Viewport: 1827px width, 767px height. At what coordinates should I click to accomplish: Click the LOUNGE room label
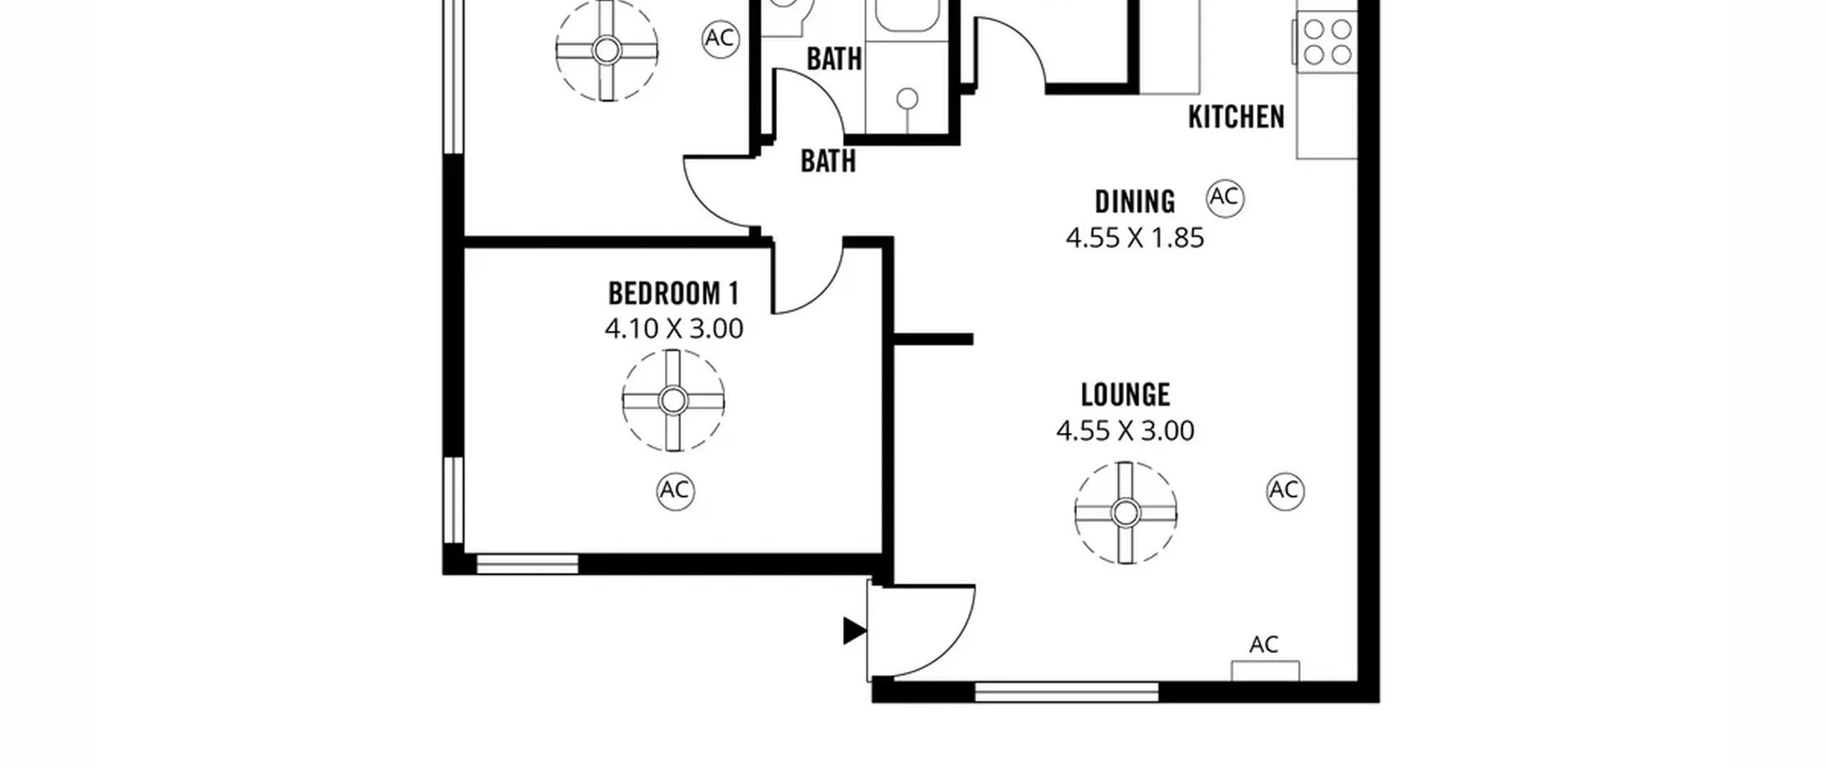click(x=1125, y=395)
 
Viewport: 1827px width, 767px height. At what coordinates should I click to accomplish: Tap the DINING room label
click(x=1135, y=202)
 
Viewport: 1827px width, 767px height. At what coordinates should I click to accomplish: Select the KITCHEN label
click(x=1236, y=117)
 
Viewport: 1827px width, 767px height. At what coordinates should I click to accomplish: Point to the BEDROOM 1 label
click(x=673, y=293)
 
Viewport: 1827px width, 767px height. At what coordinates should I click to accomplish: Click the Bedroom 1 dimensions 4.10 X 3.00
click(x=674, y=329)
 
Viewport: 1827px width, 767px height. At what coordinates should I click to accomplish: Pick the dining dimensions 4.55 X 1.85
click(x=1135, y=238)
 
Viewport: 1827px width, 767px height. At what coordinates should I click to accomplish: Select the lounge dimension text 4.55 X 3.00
click(x=1125, y=431)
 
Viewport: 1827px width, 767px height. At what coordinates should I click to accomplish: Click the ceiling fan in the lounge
click(x=1125, y=513)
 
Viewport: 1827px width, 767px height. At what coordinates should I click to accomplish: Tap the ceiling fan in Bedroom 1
click(x=673, y=401)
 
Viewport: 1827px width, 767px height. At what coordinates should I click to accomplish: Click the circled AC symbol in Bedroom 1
click(x=675, y=491)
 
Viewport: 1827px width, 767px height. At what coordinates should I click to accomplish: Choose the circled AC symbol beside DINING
click(x=1225, y=198)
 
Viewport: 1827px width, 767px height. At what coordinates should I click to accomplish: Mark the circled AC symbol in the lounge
click(x=1285, y=491)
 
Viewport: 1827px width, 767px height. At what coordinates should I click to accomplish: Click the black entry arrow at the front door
click(x=855, y=631)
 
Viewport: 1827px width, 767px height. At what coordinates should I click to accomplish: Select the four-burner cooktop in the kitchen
click(x=1327, y=42)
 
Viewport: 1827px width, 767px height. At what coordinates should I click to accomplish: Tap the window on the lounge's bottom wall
click(x=1066, y=691)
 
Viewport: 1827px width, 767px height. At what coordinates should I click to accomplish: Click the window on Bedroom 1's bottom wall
click(x=527, y=564)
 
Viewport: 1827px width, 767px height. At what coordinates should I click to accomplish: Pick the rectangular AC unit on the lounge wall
click(x=1265, y=671)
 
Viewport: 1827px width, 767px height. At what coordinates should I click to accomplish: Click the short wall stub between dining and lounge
click(x=933, y=340)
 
